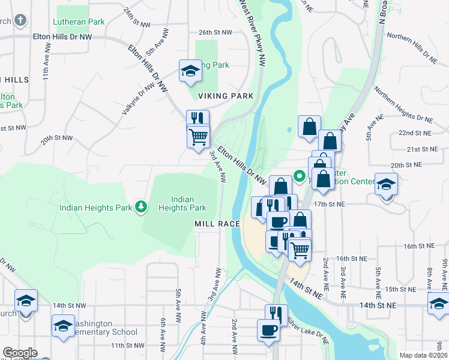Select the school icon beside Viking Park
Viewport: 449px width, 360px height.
pos(190,71)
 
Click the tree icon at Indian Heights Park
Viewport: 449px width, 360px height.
pos(141,208)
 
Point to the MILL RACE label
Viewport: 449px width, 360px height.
pos(217,224)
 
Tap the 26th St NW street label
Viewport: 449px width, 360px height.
pos(214,32)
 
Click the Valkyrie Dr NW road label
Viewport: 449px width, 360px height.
pos(139,99)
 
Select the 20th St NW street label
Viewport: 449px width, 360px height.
pos(56,139)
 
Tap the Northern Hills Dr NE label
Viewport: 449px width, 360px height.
pos(412,49)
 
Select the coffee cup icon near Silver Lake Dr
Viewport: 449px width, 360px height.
pos(268,330)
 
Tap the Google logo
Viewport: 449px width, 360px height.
pos(20,353)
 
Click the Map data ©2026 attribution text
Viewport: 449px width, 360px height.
pos(423,355)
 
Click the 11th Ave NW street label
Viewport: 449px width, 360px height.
pos(45,70)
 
